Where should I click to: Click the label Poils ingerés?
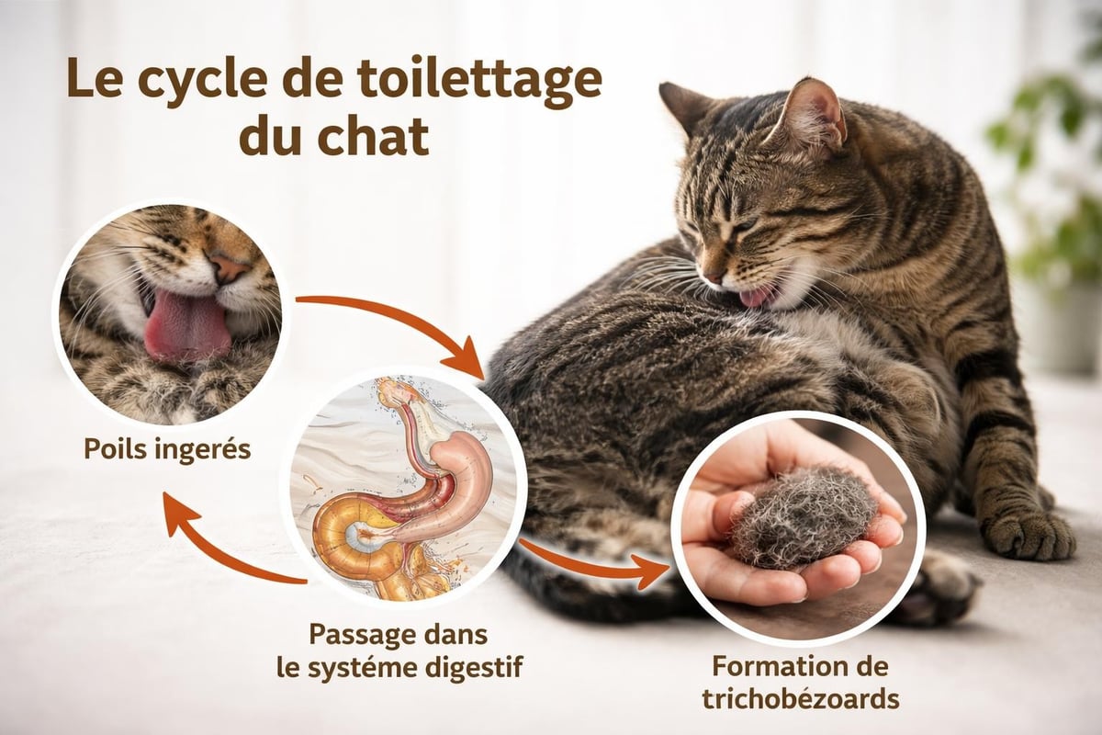pyautogui.click(x=167, y=449)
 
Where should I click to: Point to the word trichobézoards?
pyautogui.click(x=800, y=698)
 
